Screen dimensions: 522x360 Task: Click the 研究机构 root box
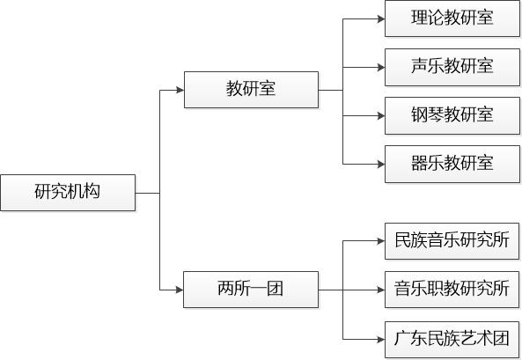coord(68,193)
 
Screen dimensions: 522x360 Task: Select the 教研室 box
coord(252,90)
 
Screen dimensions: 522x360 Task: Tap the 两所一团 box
coord(251,290)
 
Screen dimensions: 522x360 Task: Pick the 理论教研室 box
coord(452,18)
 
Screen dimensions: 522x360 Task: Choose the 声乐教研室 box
coord(452,67)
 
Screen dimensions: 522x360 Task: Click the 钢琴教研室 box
coord(452,116)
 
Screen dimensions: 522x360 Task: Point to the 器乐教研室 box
coord(452,165)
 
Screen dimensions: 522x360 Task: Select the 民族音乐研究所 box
coord(452,241)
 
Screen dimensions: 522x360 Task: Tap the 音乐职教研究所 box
coord(452,290)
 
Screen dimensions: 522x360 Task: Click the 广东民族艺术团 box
coord(452,340)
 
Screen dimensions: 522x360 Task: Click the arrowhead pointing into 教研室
coord(180,90)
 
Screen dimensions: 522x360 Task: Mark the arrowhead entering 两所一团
coord(180,290)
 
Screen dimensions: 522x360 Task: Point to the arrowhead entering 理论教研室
coord(381,19)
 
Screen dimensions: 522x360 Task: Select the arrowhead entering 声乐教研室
coord(381,68)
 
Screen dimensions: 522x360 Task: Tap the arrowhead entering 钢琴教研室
coord(381,116)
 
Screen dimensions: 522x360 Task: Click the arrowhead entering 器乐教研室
coord(381,165)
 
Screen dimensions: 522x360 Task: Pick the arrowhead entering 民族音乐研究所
coord(381,241)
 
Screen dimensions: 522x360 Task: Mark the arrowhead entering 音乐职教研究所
coord(381,290)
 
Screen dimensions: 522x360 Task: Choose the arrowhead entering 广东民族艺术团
coord(381,340)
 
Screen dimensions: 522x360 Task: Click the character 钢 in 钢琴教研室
coord(419,114)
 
